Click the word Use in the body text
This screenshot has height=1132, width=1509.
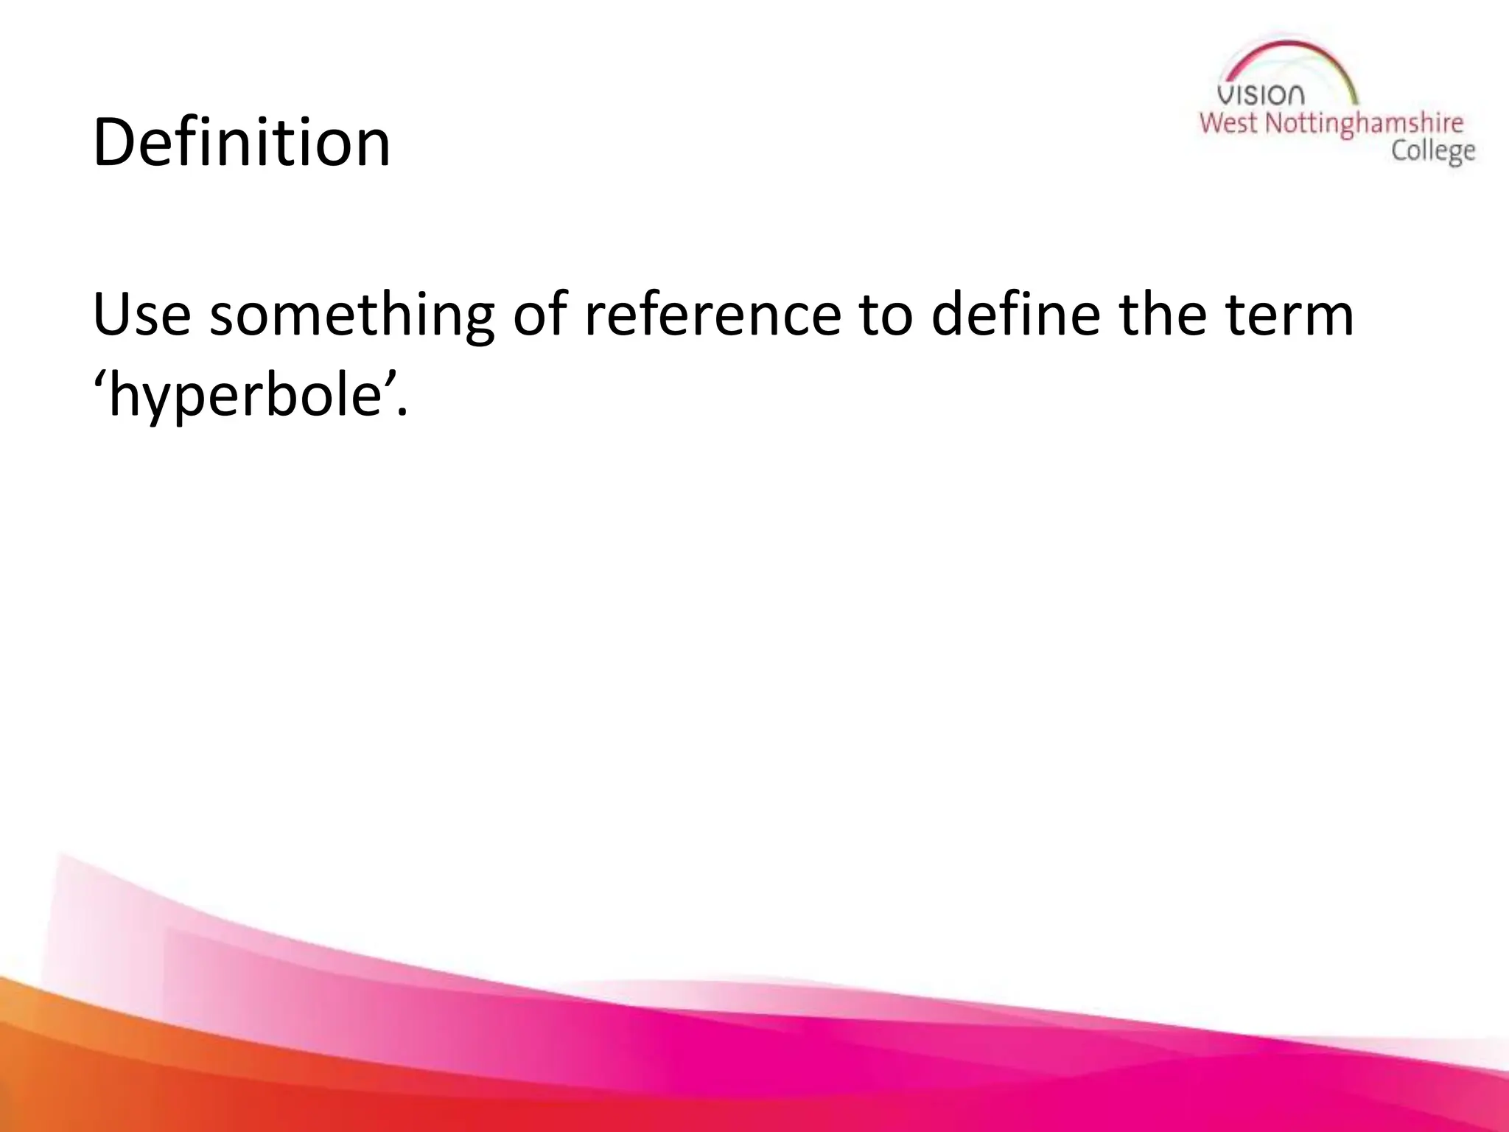tap(141, 315)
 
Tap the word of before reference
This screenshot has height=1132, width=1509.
tap(540, 315)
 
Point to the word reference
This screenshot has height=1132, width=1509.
tap(713, 315)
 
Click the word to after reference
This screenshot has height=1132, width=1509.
tap(885, 316)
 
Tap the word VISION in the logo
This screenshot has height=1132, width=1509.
tap(1261, 95)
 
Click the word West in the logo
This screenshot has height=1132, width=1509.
tap(1228, 123)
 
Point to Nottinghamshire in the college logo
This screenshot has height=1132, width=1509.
tap(1364, 124)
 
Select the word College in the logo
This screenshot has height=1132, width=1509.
tap(1432, 151)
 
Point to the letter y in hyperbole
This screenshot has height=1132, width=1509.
tap(172, 402)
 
